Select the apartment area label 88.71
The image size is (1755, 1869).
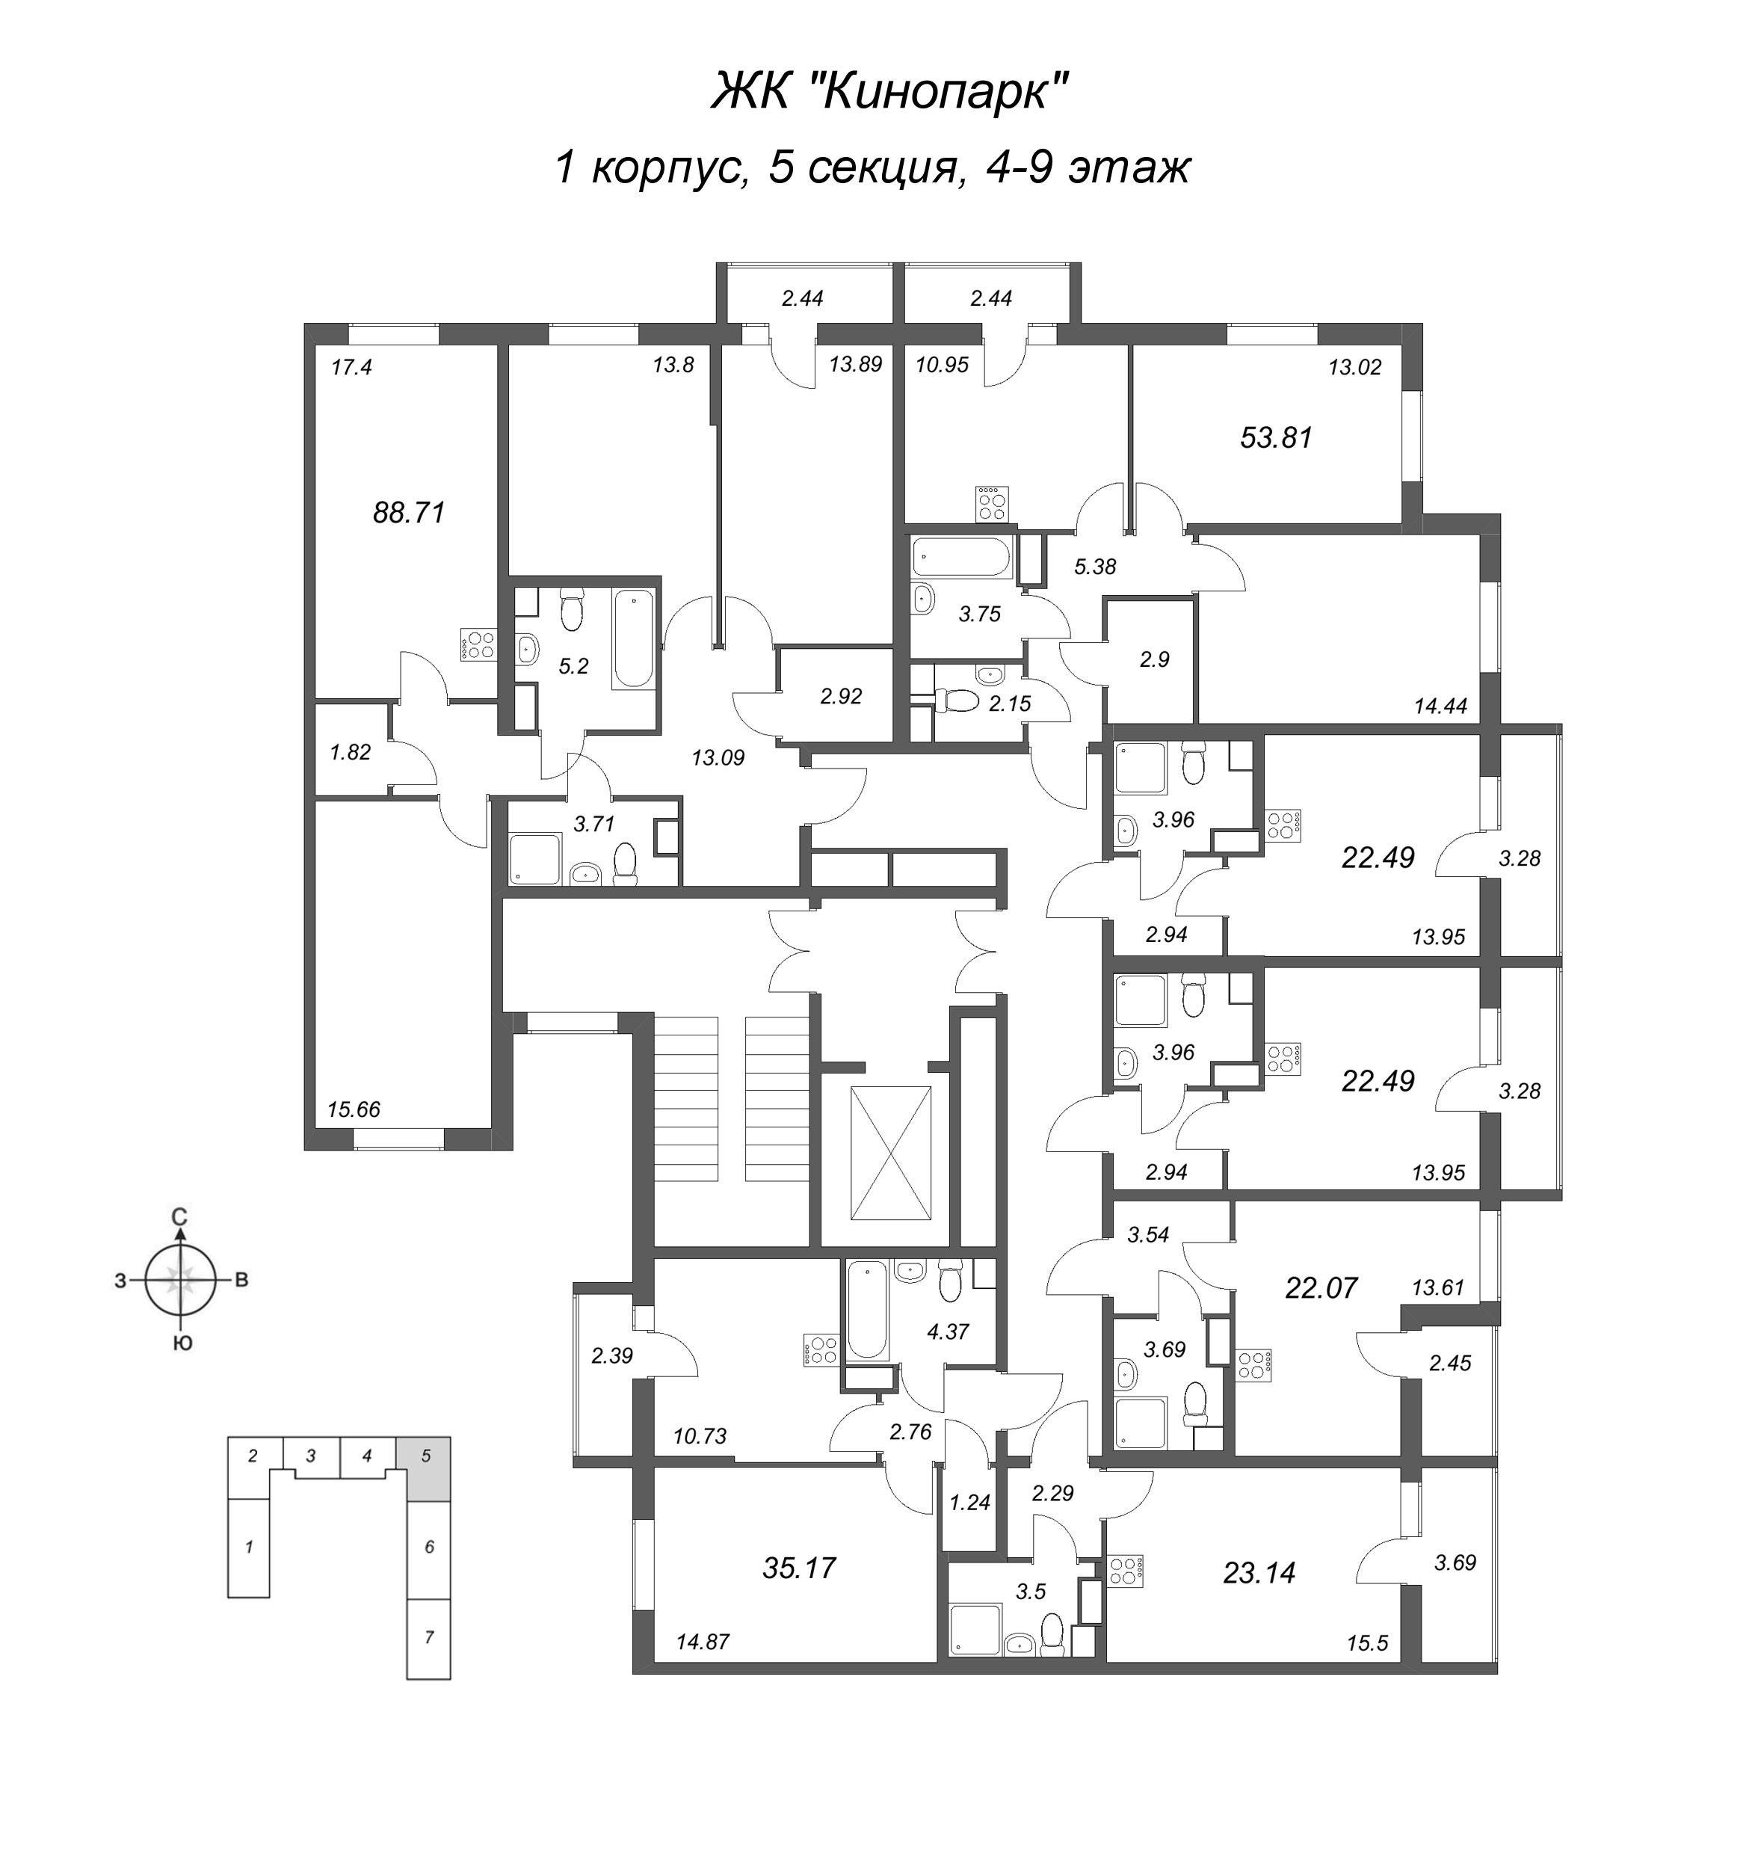409,514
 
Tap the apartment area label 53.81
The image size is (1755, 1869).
1276,438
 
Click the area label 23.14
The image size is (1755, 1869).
1259,1572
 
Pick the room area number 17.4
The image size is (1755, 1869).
351,368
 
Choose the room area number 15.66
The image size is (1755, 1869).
354,1109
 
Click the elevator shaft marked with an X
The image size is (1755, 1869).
890,1153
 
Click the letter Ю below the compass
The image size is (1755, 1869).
183,1343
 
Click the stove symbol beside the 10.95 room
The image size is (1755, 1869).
992,503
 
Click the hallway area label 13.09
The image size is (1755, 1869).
718,757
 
